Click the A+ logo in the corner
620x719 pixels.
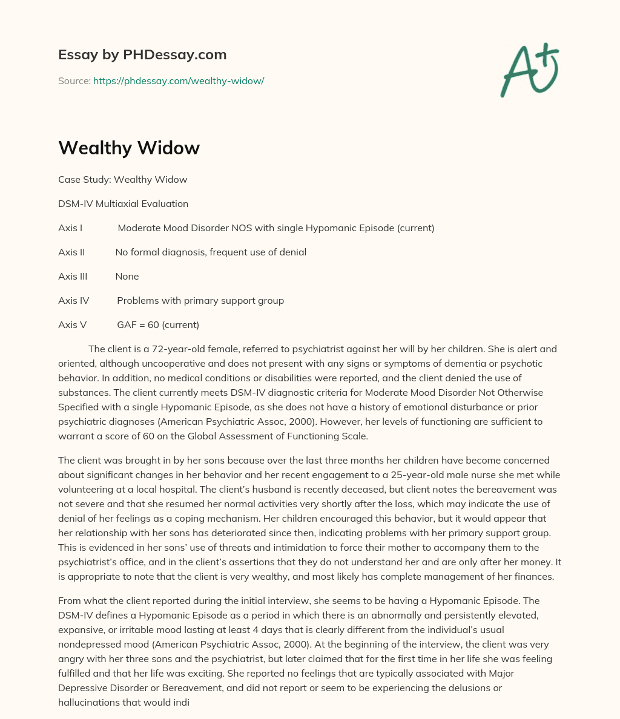(x=529, y=70)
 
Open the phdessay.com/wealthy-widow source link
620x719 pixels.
(x=179, y=80)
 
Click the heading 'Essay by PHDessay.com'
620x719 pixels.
(x=142, y=54)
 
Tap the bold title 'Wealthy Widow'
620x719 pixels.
(x=129, y=148)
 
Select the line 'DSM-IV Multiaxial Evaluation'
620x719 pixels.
(x=123, y=203)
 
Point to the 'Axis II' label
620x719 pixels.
(x=71, y=252)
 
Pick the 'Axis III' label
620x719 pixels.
(x=73, y=276)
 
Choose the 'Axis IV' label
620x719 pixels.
(x=73, y=300)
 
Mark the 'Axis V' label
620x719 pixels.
(x=72, y=324)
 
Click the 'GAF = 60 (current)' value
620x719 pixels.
(x=158, y=324)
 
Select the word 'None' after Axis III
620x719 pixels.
(x=127, y=276)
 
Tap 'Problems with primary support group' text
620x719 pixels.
(x=200, y=300)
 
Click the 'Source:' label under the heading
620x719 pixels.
(x=74, y=80)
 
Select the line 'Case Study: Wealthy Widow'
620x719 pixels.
(x=122, y=179)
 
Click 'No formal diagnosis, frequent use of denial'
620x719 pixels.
(x=211, y=252)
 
